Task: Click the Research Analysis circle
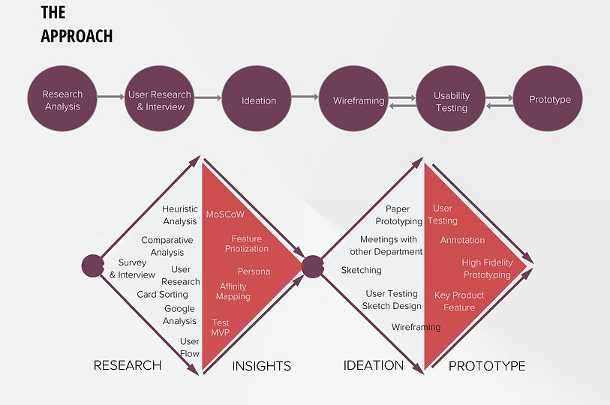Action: coord(62,100)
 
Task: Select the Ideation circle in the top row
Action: coord(259,100)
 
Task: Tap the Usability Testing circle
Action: coord(452,100)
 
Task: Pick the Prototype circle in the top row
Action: coord(549,100)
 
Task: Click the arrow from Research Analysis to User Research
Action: coord(111,96)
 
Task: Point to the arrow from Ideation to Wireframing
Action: coord(305,96)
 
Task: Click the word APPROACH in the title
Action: coord(77,35)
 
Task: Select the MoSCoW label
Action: coord(225,214)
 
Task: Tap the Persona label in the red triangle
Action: coord(254,271)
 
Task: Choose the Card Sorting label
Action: coord(162,294)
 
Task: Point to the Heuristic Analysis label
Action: coord(179,215)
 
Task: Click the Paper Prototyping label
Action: coord(398,215)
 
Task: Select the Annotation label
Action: coord(462,241)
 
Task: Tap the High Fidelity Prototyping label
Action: coord(486,268)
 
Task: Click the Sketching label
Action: coord(361,270)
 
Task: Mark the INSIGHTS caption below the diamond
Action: coord(261,367)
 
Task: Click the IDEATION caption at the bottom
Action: coord(373,366)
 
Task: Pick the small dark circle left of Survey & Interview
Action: coord(92,265)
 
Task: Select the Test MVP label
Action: coord(220,327)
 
